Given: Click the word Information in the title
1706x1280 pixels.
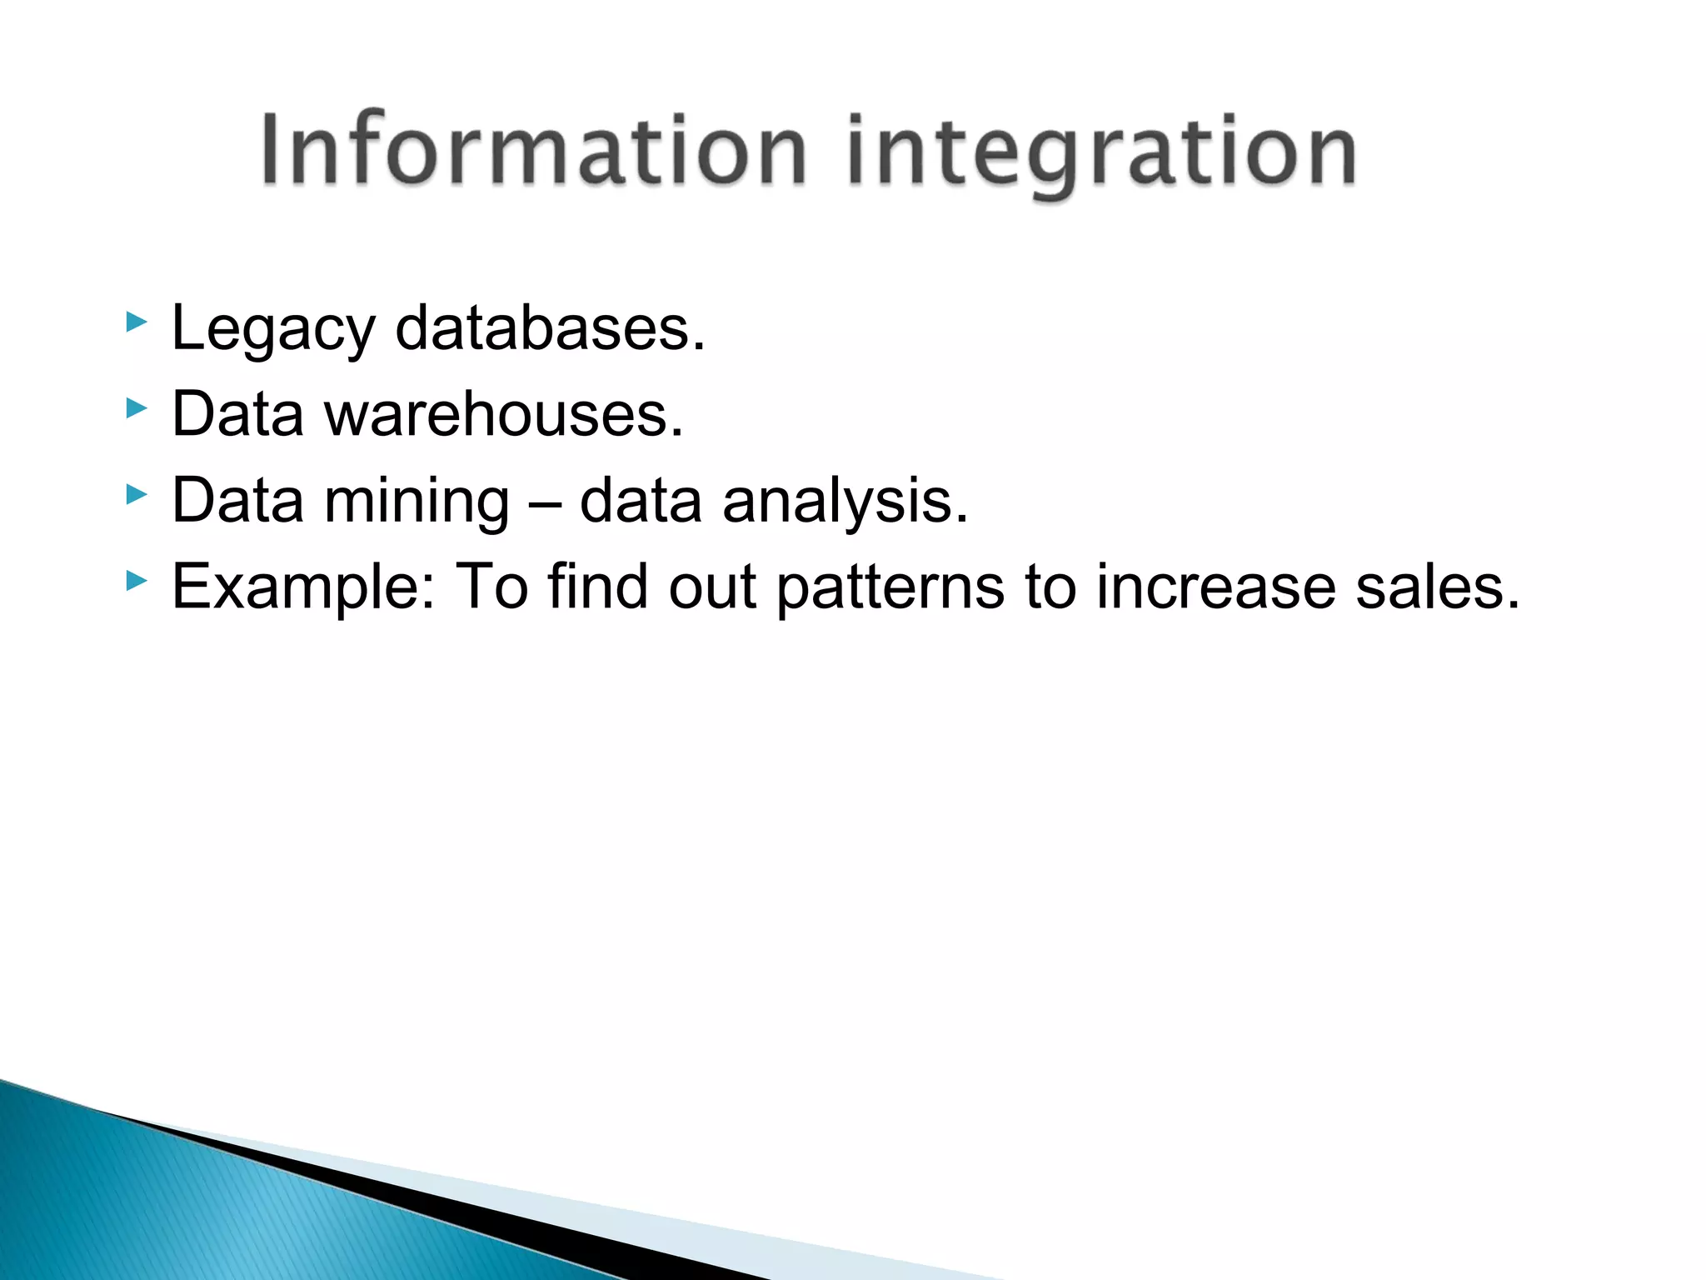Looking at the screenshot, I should [533, 152].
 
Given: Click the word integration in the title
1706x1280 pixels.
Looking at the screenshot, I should [1101, 154].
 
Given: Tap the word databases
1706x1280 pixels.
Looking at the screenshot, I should [550, 328].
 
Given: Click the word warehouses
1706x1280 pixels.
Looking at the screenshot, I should [504, 414].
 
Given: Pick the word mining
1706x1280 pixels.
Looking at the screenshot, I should [416, 502].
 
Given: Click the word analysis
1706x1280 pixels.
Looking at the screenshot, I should [846, 502].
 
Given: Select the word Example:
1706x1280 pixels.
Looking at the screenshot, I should [303, 588].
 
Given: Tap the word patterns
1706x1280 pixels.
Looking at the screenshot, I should [890, 588].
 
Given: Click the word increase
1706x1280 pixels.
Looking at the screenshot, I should [1215, 587].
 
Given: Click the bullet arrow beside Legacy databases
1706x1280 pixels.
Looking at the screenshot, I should [136, 322].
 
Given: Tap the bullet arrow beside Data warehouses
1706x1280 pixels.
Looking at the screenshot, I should [136, 407].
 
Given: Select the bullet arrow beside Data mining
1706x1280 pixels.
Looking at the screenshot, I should [136, 494].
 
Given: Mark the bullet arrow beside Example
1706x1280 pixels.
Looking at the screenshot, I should [136, 580].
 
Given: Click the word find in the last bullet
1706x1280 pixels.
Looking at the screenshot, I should [597, 587].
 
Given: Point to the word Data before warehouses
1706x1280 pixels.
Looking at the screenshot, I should [237, 414].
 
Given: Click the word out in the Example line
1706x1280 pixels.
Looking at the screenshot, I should [712, 588].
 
